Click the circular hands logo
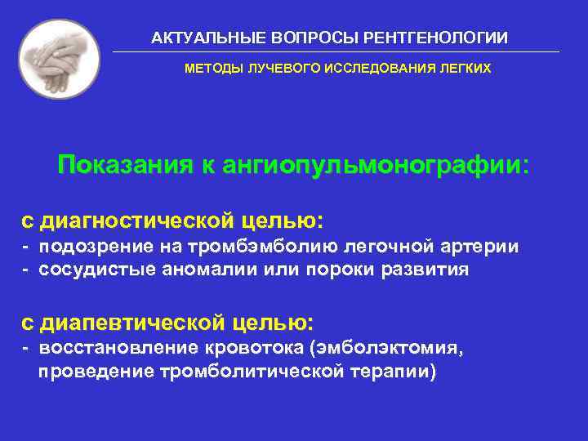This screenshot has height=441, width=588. click(x=59, y=59)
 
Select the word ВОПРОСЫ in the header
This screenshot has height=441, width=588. click(x=299, y=38)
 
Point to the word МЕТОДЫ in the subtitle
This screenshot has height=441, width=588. click(x=210, y=69)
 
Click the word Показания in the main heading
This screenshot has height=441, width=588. click(x=122, y=166)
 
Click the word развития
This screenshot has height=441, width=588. click(x=430, y=270)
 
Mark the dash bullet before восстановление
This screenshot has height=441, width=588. click(x=26, y=349)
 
